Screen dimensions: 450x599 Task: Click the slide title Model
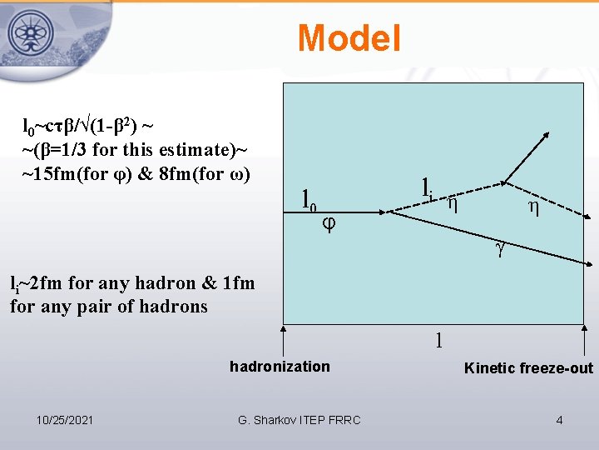(x=349, y=38)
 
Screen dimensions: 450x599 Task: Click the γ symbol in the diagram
(x=500, y=247)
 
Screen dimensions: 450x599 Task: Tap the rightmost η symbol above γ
(x=532, y=207)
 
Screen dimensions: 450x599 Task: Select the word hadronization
(x=280, y=367)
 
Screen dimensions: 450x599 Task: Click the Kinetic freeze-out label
(x=528, y=368)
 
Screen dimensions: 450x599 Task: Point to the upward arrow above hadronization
(x=285, y=342)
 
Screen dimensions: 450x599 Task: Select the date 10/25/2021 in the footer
(x=65, y=420)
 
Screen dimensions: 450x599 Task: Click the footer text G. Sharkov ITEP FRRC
(x=299, y=420)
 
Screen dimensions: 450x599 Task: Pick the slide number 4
(x=559, y=420)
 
